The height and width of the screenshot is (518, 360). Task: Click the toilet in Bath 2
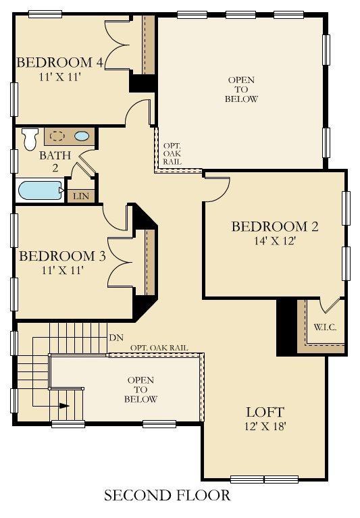pos(30,139)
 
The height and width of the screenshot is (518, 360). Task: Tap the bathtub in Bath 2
pos(41,190)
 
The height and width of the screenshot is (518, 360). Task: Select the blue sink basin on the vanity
pos(82,136)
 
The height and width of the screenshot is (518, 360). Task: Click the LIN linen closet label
pos(81,197)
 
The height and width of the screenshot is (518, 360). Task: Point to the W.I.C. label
pos(325,328)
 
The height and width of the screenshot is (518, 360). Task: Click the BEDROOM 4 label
pos(60,62)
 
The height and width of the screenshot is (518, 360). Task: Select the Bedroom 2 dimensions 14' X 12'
pos(274,241)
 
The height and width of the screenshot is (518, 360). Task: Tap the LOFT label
pos(265,412)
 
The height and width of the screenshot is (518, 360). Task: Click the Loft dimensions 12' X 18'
pos(265,427)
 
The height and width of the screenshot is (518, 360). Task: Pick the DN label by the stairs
pos(116,338)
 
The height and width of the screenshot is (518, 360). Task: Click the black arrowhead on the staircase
pos(64,406)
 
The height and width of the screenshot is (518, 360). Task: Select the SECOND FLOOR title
pos(167,495)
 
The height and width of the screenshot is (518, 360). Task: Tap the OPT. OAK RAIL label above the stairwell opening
pos(159,348)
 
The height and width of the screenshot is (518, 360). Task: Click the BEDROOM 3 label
pos(62,256)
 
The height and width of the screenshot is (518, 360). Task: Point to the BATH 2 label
pos(55,161)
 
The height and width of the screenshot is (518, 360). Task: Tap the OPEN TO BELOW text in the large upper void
pos(241,89)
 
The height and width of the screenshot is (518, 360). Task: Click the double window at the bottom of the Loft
pos(264,479)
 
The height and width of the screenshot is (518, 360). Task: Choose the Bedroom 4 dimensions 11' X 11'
pos(60,77)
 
